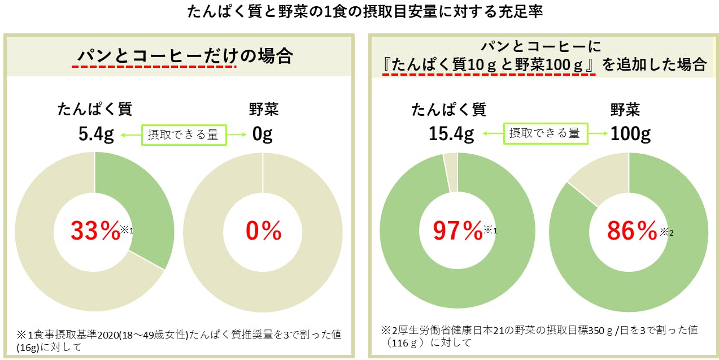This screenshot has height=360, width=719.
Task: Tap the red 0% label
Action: point(263,231)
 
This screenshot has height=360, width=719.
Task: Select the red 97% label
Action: point(457,231)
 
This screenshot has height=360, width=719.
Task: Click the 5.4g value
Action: point(96,135)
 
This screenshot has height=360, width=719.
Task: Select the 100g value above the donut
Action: point(630,134)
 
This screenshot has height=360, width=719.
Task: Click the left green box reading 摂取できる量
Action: point(183,135)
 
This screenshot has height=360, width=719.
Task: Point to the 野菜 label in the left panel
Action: point(263,109)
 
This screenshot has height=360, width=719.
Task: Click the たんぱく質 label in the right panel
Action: point(448,109)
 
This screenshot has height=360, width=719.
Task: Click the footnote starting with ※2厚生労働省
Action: point(539,336)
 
